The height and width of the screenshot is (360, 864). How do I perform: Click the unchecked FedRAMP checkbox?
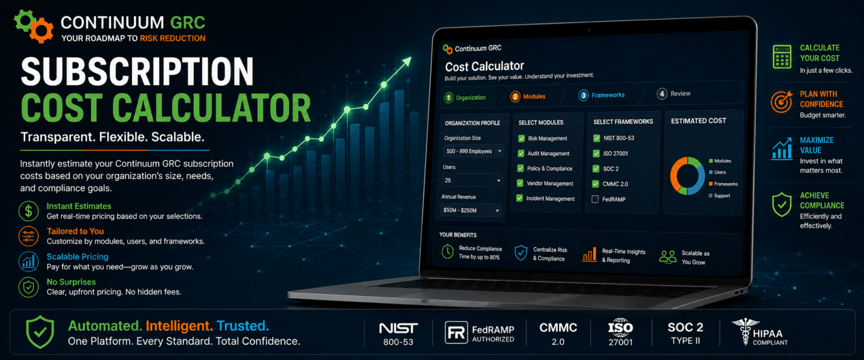pos(595,199)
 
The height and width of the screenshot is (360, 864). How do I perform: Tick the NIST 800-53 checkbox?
pos(597,138)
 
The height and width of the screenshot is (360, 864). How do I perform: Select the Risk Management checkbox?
pos(521,138)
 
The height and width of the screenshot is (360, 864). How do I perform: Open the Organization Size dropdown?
pos(473,151)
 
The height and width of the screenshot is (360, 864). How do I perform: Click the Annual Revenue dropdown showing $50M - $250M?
pos(471,210)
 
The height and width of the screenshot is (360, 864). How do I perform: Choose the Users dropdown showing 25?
pos(472,180)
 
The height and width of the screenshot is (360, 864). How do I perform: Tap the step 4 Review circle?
pos(662,94)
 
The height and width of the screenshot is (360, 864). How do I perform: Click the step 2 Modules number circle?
pos(515,96)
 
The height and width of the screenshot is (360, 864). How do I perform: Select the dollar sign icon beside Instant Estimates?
pos(29,211)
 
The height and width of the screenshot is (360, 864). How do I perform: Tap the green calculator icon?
pos(782,57)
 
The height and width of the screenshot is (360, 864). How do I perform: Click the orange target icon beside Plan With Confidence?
pos(781,101)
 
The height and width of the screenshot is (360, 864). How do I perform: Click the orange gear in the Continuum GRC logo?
pos(42,30)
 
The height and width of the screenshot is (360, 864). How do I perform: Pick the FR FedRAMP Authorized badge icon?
pos(456,332)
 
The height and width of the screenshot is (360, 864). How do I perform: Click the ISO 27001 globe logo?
pos(620,327)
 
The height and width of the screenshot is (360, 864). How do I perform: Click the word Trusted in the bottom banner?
pos(242,326)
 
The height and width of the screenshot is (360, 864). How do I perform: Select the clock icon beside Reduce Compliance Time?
pos(447,251)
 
